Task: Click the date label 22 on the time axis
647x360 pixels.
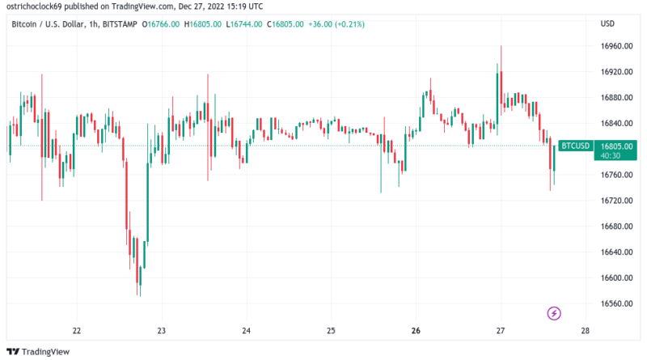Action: pos(77,331)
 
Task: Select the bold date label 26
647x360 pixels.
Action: pos(416,331)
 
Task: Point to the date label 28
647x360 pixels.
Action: pos(585,331)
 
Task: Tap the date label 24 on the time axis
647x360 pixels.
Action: pos(247,331)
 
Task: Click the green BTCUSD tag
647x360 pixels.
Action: pos(576,146)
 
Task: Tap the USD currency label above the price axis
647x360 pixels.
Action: pos(608,23)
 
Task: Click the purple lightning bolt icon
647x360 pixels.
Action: pos(555,313)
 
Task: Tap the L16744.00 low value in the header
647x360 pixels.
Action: pos(245,24)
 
